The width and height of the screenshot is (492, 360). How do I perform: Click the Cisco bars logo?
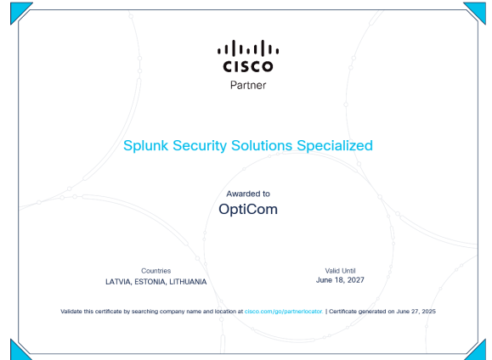point(248,56)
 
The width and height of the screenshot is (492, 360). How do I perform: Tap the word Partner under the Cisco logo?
point(248,85)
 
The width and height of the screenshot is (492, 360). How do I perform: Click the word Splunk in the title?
point(145,146)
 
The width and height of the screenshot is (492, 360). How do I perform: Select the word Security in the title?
point(200,146)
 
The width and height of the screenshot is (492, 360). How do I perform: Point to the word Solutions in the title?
point(262,145)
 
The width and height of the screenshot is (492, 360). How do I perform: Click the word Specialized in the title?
point(335,146)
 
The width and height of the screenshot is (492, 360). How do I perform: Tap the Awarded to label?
point(248,194)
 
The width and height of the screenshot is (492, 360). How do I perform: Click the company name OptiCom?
point(248,210)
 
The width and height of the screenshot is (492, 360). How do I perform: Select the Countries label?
point(156,271)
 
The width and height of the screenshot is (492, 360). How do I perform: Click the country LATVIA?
point(118,282)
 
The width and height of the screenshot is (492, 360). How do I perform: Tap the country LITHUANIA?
point(188,282)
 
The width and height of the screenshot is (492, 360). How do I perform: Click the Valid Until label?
point(340,271)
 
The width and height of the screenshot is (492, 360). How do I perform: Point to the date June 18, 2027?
point(340,280)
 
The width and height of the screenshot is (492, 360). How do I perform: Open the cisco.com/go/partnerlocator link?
point(284,312)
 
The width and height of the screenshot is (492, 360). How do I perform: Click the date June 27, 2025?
point(416,312)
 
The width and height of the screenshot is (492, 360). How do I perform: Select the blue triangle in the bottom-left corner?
point(18,352)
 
